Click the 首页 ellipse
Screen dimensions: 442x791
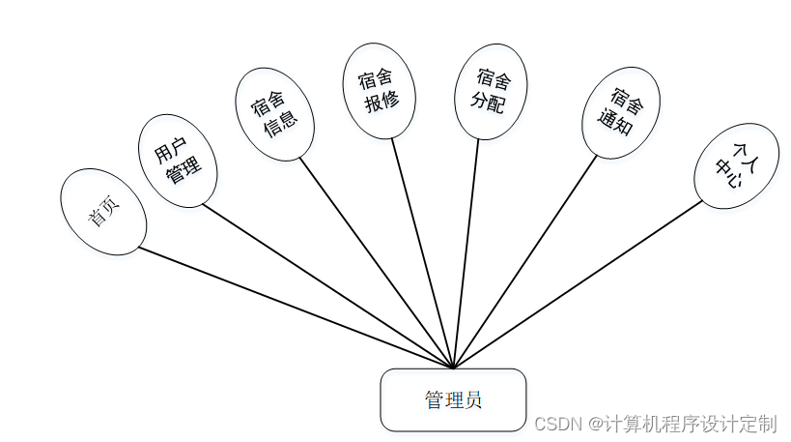(x=103, y=213)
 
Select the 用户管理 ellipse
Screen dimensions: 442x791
(x=178, y=161)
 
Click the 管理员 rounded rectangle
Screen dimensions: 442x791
(x=453, y=399)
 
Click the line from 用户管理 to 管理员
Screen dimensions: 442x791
(x=328, y=287)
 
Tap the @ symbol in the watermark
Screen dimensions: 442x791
(x=595, y=424)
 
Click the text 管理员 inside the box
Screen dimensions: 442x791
(x=453, y=399)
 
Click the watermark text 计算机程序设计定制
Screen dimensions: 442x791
(x=691, y=424)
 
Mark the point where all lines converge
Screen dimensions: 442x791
(x=453, y=368)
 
